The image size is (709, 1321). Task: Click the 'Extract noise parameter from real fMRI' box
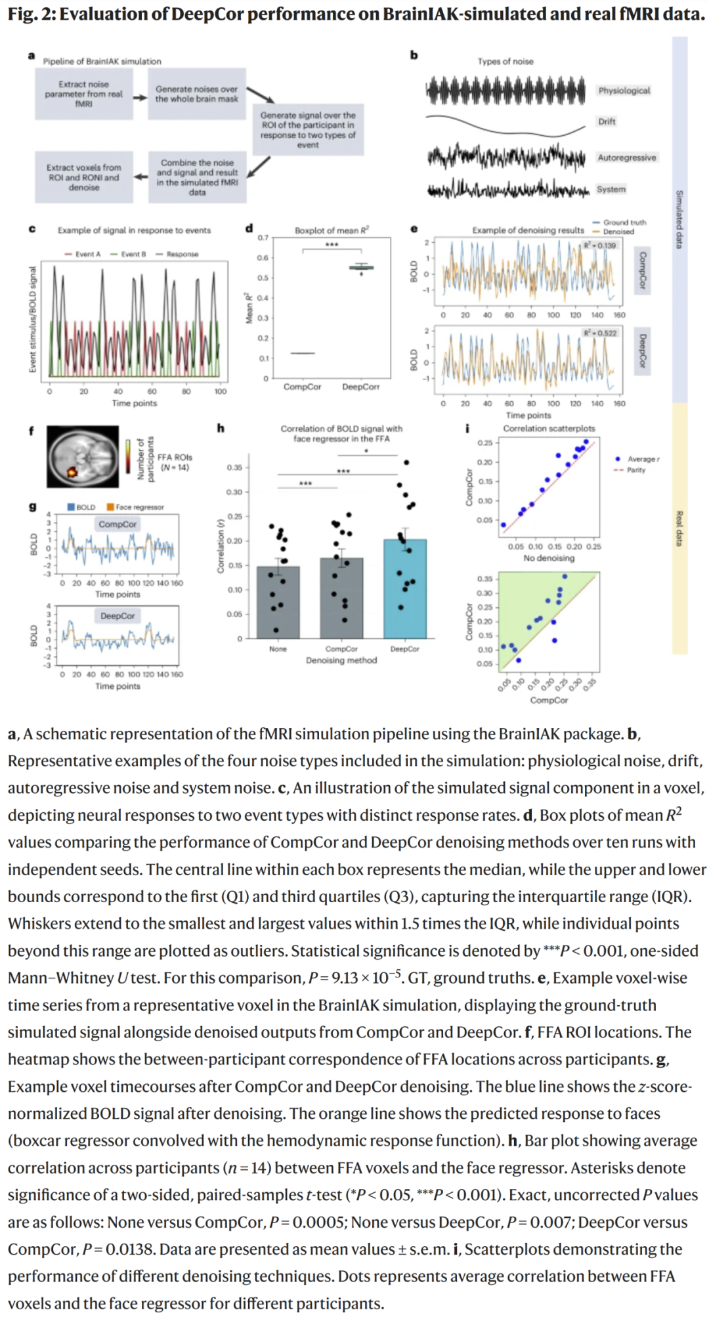pyautogui.click(x=83, y=94)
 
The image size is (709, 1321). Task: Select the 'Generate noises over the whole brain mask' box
pyautogui.click(x=196, y=94)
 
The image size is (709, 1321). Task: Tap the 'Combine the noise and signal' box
pyautogui.click(x=196, y=177)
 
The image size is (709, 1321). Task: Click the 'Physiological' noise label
pyautogui.click(x=624, y=91)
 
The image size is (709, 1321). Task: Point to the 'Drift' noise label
pyautogui.click(x=607, y=121)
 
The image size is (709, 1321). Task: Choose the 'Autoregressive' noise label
pyautogui.click(x=626, y=158)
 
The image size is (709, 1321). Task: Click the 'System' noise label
pyautogui.click(x=611, y=189)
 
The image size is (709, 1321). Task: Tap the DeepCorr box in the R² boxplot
pyautogui.click(x=360, y=267)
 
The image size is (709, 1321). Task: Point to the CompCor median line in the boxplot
pyautogui.click(x=302, y=353)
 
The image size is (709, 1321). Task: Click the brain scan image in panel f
pyautogui.click(x=83, y=456)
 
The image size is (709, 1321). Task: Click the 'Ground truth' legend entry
pyautogui.click(x=624, y=223)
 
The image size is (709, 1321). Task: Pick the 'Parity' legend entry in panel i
pyautogui.click(x=635, y=470)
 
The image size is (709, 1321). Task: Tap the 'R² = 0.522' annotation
pyautogui.click(x=600, y=333)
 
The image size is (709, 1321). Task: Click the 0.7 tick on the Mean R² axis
pyautogui.click(x=263, y=238)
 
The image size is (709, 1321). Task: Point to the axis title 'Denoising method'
pyautogui.click(x=341, y=660)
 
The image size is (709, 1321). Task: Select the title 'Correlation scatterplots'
pyautogui.click(x=549, y=428)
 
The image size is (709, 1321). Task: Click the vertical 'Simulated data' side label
pyautogui.click(x=679, y=219)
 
